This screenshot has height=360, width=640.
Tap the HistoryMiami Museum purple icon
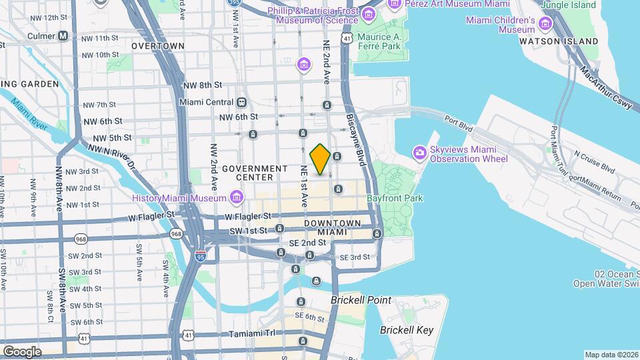pos(236,197)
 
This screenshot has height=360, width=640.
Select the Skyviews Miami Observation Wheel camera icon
pos(419,153)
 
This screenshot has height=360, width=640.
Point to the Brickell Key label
pos(407,330)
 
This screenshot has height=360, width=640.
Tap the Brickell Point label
pos(361,300)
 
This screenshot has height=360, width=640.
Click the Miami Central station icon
pos(241,102)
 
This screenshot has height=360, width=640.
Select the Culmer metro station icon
pos(63,35)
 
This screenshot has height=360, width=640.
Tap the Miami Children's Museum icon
pos(547,25)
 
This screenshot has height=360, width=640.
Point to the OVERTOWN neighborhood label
pos(157,46)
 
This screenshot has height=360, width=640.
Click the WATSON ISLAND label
pos(569,41)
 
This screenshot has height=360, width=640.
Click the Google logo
pos(21,351)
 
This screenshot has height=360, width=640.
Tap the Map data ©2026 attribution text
pos(611,355)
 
